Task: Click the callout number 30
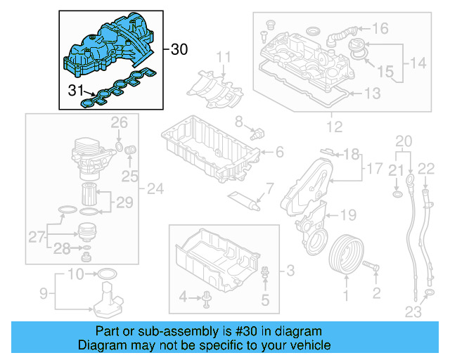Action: pos(179,49)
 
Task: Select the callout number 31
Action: pos(75,89)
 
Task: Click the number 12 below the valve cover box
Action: pos(334,127)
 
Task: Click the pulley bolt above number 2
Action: pos(373,267)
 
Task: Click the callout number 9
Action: pos(43,292)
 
